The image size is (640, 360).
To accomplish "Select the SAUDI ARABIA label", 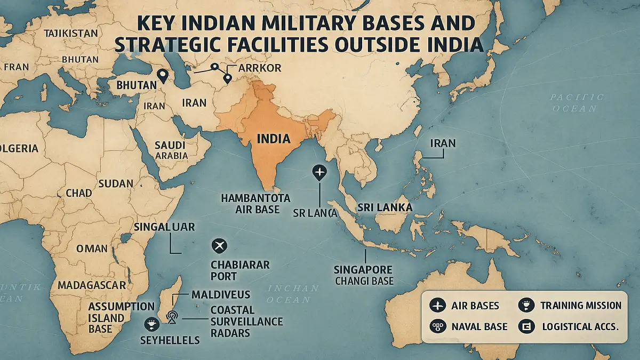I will (170, 150).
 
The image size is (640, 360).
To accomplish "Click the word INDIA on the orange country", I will (274, 139).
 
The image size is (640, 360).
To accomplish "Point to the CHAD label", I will (79, 193).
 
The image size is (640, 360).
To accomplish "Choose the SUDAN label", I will (116, 183).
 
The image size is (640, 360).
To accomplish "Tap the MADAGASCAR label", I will (92, 284).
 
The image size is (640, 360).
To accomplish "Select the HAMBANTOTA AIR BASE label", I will (255, 204).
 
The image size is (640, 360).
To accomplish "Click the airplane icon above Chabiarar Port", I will (219, 246).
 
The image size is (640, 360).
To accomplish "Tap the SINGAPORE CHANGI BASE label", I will (363, 275).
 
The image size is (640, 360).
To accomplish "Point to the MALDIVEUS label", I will (220, 294).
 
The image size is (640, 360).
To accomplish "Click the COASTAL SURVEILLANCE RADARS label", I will (246, 321).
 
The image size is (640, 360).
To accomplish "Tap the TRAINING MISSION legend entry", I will (580, 306).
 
